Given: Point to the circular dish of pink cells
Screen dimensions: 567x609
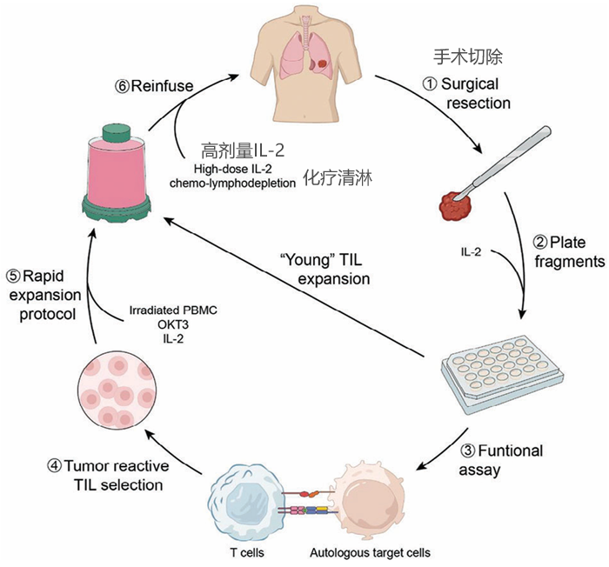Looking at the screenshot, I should coord(112,390).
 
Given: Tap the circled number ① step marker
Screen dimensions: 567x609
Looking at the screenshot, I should coord(429,85).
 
